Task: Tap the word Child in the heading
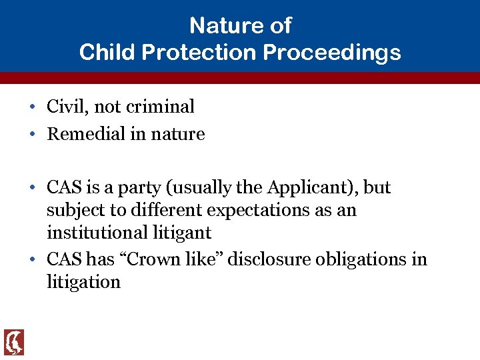(103, 52)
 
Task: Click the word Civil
(65, 107)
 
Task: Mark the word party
(141, 189)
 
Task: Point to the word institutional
(97, 233)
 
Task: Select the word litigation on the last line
(83, 282)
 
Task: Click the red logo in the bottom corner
(13, 342)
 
